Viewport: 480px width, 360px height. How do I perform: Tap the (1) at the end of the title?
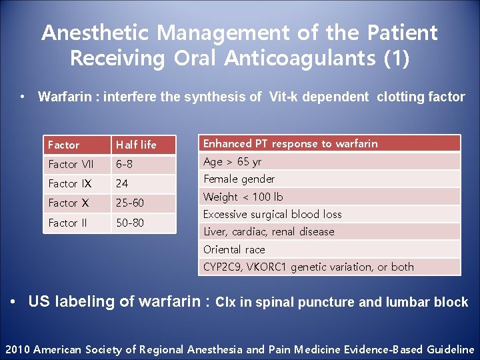pyautogui.click(x=397, y=59)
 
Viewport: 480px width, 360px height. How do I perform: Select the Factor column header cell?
pyautogui.click(x=64, y=145)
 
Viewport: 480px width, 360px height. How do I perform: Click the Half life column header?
pyautogui.click(x=136, y=145)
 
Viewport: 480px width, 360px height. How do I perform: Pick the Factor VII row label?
pyautogui.click(x=71, y=164)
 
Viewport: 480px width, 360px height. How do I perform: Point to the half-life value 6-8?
pyautogui.click(x=125, y=164)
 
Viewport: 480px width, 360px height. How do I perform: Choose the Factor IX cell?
pyautogui.click(x=69, y=183)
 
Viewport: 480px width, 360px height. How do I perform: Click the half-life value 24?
pyautogui.click(x=122, y=183)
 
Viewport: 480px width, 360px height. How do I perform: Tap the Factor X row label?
pyautogui.click(x=68, y=203)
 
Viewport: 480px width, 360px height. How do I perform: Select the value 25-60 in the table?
pyautogui.click(x=130, y=203)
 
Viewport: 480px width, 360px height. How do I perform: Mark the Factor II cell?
pyautogui.click(x=67, y=223)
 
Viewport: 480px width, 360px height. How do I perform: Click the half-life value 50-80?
pyautogui.click(x=130, y=223)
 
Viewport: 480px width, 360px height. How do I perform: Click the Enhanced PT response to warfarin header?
pyautogui.click(x=290, y=143)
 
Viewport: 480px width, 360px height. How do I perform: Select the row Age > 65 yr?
pyautogui.click(x=233, y=161)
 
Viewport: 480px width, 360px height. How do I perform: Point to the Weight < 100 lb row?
pyautogui.click(x=243, y=197)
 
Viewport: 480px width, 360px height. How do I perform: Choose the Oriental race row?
pyautogui.click(x=234, y=249)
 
